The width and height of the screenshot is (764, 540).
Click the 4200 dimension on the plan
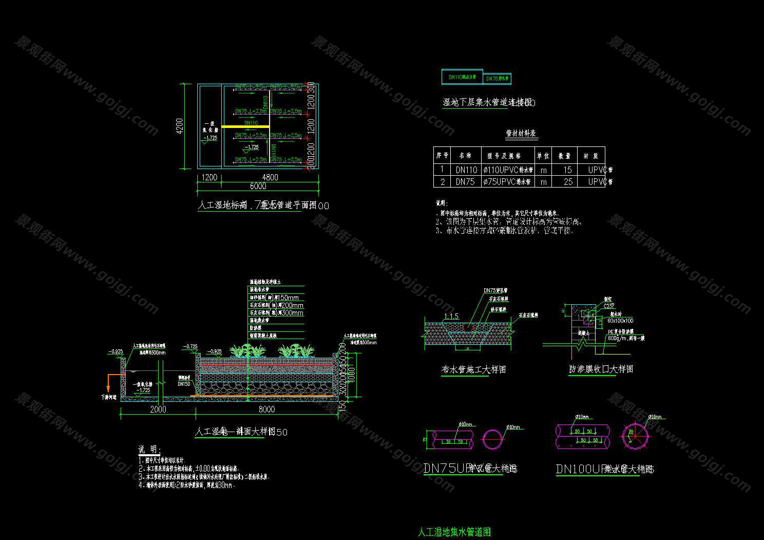[179, 126]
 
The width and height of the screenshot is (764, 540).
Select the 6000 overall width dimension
[258, 186]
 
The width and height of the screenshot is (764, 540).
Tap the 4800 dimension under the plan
[270, 177]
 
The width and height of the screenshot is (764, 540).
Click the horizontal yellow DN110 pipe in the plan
[245, 126]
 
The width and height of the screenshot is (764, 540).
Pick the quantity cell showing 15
[567, 170]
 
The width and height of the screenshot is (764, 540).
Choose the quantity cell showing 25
[567, 181]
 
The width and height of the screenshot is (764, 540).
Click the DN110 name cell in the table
[466, 170]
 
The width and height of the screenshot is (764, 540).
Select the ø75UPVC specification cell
[508, 181]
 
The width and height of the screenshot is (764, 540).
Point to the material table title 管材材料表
[521, 134]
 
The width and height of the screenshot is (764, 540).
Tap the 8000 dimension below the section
[266, 409]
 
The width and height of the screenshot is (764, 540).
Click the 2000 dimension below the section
[158, 409]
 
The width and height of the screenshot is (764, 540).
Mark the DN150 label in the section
[184, 384]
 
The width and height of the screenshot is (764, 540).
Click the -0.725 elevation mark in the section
[190, 347]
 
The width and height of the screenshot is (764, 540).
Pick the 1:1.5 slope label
[451, 316]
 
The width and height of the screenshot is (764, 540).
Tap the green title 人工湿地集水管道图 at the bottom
[455, 532]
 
